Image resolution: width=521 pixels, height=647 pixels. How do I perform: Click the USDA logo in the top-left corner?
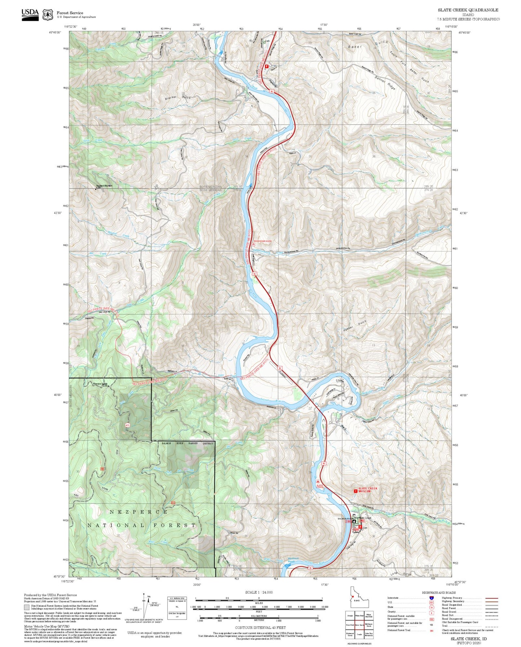(30, 14)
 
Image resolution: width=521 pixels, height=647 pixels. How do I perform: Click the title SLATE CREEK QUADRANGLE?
(468, 10)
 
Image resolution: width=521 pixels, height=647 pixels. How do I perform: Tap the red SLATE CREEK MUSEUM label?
(368, 490)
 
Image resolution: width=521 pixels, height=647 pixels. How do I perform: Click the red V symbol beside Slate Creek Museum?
(356, 491)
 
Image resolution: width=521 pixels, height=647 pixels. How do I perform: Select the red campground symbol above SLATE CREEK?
(318, 481)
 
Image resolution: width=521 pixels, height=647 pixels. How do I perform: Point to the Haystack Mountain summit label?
(104, 186)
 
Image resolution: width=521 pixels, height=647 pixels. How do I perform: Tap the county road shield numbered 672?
(127, 425)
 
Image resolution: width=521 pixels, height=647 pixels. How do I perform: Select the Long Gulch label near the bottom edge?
(401, 574)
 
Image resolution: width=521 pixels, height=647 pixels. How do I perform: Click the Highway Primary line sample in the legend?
(491, 598)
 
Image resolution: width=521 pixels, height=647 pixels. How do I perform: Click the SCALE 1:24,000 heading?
(259, 592)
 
